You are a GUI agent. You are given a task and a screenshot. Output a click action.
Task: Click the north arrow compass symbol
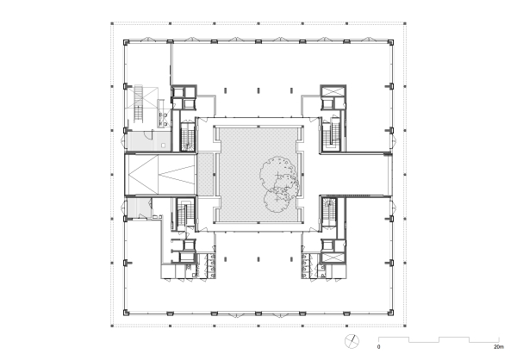coord(352,340)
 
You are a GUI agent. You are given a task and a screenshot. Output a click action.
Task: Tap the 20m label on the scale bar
coord(498,348)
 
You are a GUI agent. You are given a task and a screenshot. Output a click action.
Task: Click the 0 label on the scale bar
coord(377,348)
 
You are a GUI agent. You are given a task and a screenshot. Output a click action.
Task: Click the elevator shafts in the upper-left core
coord(184,93)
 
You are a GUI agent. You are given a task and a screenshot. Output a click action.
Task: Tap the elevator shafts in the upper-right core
coord(333,93)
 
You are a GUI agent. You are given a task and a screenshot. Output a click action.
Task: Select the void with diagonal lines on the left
coord(161,173)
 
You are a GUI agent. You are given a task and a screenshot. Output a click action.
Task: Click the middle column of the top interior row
coord(258,86)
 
